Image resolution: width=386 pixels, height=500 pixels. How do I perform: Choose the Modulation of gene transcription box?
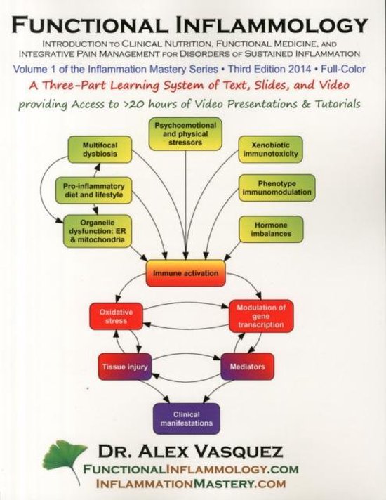(261, 316)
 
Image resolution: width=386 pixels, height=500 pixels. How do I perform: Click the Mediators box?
(247, 366)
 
